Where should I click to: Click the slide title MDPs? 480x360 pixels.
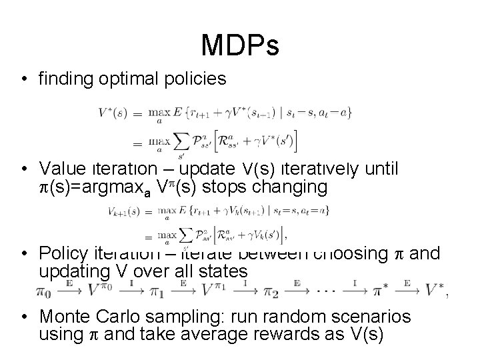point(239,45)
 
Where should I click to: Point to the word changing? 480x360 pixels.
point(293,187)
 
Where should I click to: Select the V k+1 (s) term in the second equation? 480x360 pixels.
point(125,211)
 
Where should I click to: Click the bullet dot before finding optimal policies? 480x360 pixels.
point(25,79)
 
